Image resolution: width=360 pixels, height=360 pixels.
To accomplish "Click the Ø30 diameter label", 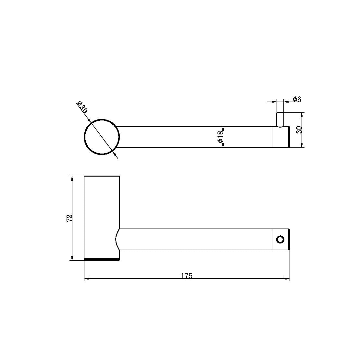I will [x=82, y=107].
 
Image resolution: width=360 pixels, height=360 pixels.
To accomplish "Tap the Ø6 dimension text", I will [x=297, y=99].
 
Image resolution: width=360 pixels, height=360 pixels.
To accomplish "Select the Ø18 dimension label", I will [x=220, y=137].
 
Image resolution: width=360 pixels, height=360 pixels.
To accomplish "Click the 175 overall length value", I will [x=187, y=276].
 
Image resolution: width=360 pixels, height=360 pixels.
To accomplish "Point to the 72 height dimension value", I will [x=69, y=218].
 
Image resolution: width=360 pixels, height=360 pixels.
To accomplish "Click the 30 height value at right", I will [x=299, y=130].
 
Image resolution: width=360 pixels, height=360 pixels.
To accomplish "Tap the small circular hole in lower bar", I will [x=280, y=240].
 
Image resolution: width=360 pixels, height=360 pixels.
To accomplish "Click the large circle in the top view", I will [x=102, y=137].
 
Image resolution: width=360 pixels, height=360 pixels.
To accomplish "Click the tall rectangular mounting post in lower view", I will [x=102, y=208].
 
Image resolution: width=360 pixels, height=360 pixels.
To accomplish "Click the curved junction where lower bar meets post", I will [x=117, y=240].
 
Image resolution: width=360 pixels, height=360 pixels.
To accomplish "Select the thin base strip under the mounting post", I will [x=102, y=259].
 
